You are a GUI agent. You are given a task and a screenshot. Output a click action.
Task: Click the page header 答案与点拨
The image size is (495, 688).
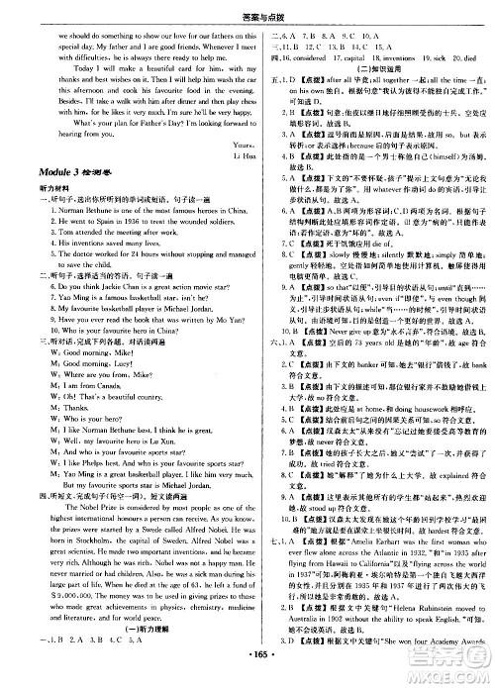point(247,10)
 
